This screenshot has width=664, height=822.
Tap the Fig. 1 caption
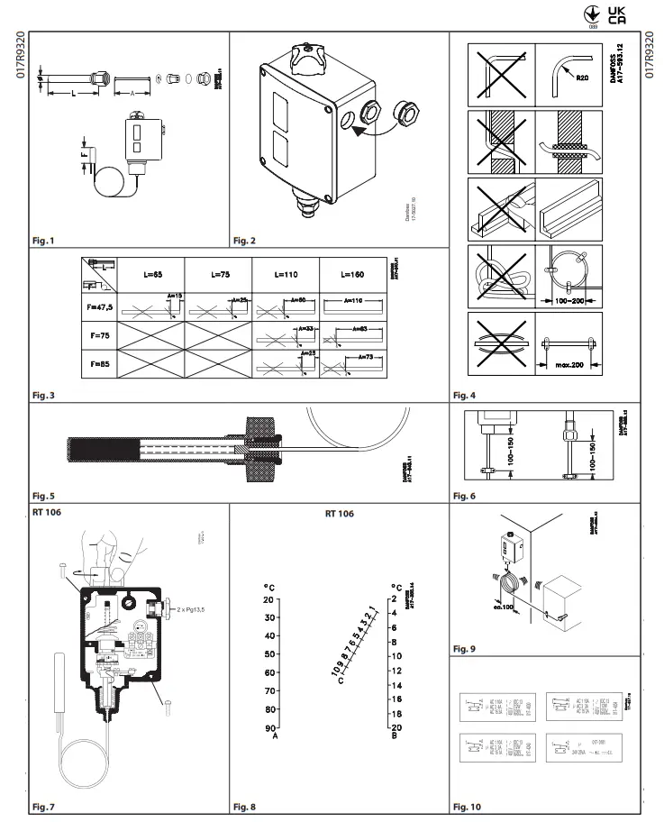click(x=43, y=241)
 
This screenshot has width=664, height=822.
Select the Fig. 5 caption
click(x=43, y=496)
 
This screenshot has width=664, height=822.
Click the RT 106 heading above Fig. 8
click(x=339, y=513)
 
